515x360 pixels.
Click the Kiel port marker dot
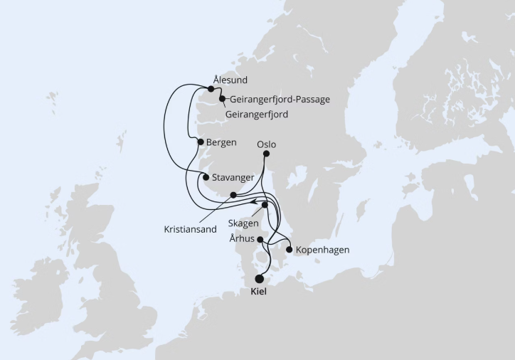258,279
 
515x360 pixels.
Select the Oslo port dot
266,154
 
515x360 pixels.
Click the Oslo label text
266,144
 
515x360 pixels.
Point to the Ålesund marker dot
211,89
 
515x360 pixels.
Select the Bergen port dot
201,142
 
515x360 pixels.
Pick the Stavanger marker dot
206,177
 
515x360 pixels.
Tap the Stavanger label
233,176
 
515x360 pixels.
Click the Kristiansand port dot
233,194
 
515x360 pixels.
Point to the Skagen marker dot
265,205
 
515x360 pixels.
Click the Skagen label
243,223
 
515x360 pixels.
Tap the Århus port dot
260,239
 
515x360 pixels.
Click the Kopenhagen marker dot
289,250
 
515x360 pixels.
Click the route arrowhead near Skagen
253,201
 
